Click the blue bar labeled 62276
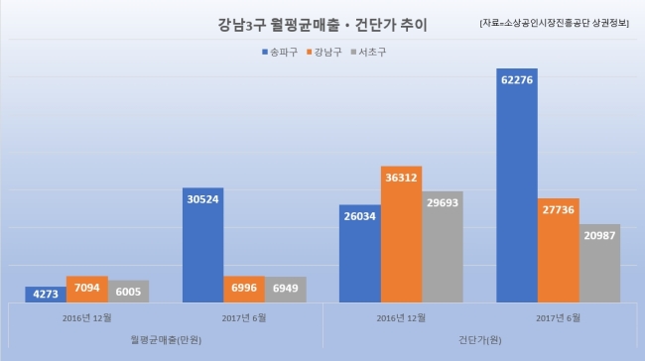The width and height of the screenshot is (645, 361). [x=517, y=185]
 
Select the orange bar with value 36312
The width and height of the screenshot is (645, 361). [x=401, y=234]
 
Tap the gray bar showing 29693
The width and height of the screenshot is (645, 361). [x=443, y=247]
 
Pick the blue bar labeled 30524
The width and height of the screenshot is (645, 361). [x=202, y=245]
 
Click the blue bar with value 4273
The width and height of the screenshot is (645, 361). [x=46, y=295]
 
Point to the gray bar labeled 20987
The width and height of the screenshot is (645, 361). [x=599, y=263]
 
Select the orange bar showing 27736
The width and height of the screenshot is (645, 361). [x=559, y=250]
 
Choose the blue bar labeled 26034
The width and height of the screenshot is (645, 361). [x=360, y=254]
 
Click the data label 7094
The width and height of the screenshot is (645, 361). [x=86, y=288]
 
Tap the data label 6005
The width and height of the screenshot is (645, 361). [x=128, y=292]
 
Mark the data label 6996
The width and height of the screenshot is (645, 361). [x=244, y=288]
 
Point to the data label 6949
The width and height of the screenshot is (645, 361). [x=286, y=288]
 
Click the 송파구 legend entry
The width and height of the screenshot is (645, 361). [x=280, y=53]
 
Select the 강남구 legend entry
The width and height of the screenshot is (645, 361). [x=324, y=53]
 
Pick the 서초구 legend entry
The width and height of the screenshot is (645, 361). [x=368, y=53]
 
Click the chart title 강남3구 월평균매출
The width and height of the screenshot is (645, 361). [x=279, y=25]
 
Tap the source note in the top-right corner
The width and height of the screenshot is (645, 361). [x=554, y=23]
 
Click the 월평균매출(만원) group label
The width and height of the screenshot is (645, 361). [x=166, y=339]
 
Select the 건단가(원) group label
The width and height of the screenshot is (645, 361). [x=479, y=339]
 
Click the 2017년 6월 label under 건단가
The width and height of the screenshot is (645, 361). [x=558, y=317]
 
